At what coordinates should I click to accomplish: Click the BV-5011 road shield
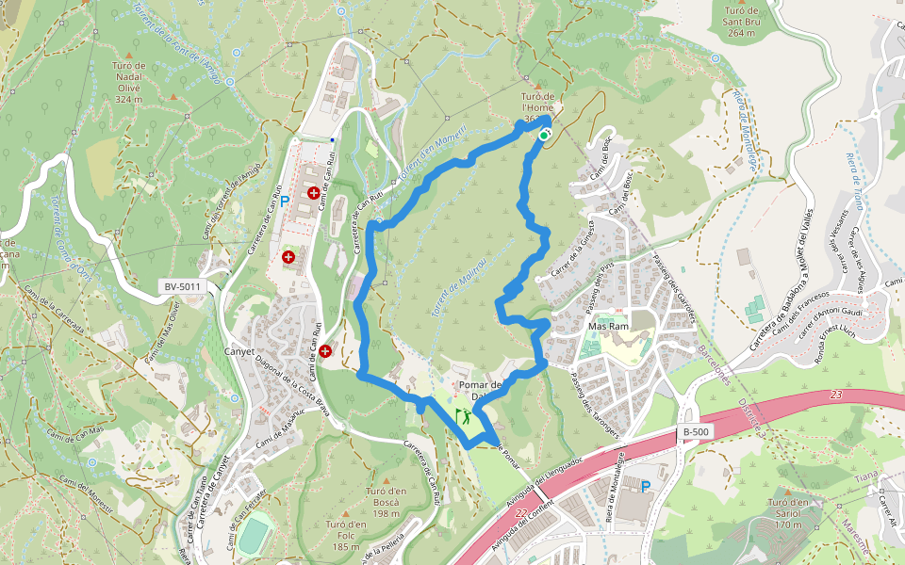[183, 285]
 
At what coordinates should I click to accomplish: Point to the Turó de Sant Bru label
[741, 20]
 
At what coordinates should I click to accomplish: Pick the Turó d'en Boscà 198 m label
[385, 502]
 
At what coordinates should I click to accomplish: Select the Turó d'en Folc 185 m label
[346, 535]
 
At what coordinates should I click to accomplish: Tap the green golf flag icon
[462, 413]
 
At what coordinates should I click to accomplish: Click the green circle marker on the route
[544, 136]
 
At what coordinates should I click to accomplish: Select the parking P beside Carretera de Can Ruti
[284, 201]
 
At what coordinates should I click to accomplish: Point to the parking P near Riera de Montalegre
[646, 487]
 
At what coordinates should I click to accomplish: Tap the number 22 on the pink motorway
[521, 513]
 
